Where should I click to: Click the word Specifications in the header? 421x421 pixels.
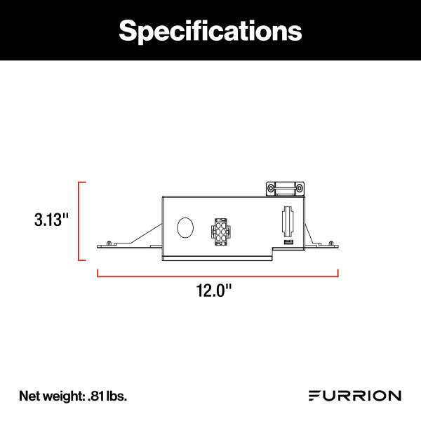click(x=210, y=30)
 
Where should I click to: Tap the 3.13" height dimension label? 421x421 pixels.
click(x=52, y=219)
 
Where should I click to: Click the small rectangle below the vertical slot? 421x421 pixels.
click(x=288, y=242)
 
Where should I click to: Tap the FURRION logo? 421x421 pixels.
click(x=355, y=396)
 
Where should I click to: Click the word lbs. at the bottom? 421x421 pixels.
click(x=116, y=396)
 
